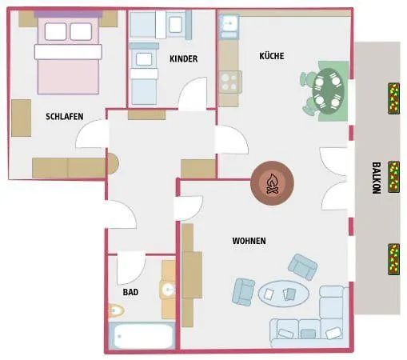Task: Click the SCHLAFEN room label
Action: (x=65, y=117)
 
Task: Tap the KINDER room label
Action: (x=184, y=58)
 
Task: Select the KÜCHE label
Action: (x=272, y=56)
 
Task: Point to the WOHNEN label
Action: (x=249, y=241)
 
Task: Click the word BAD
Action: (x=130, y=292)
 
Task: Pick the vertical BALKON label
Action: (x=377, y=178)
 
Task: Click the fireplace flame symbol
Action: (x=273, y=183)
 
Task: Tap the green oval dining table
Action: (x=329, y=90)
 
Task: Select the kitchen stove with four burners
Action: (x=230, y=82)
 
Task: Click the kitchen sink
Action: (x=229, y=26)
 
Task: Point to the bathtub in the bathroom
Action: (x=142, y=336)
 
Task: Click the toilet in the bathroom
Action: (x=116, y=310)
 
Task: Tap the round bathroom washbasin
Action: (x=167, y=290)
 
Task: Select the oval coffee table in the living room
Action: (x=284, y=294)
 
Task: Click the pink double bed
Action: (x=69, y=53)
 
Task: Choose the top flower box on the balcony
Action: (x=393, y=98)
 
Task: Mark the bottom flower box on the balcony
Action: (x=393, y=259)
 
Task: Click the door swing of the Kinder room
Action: (x=193, y=94)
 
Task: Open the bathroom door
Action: (x=131, y=267)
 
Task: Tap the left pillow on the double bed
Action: (x=55, y=32)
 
